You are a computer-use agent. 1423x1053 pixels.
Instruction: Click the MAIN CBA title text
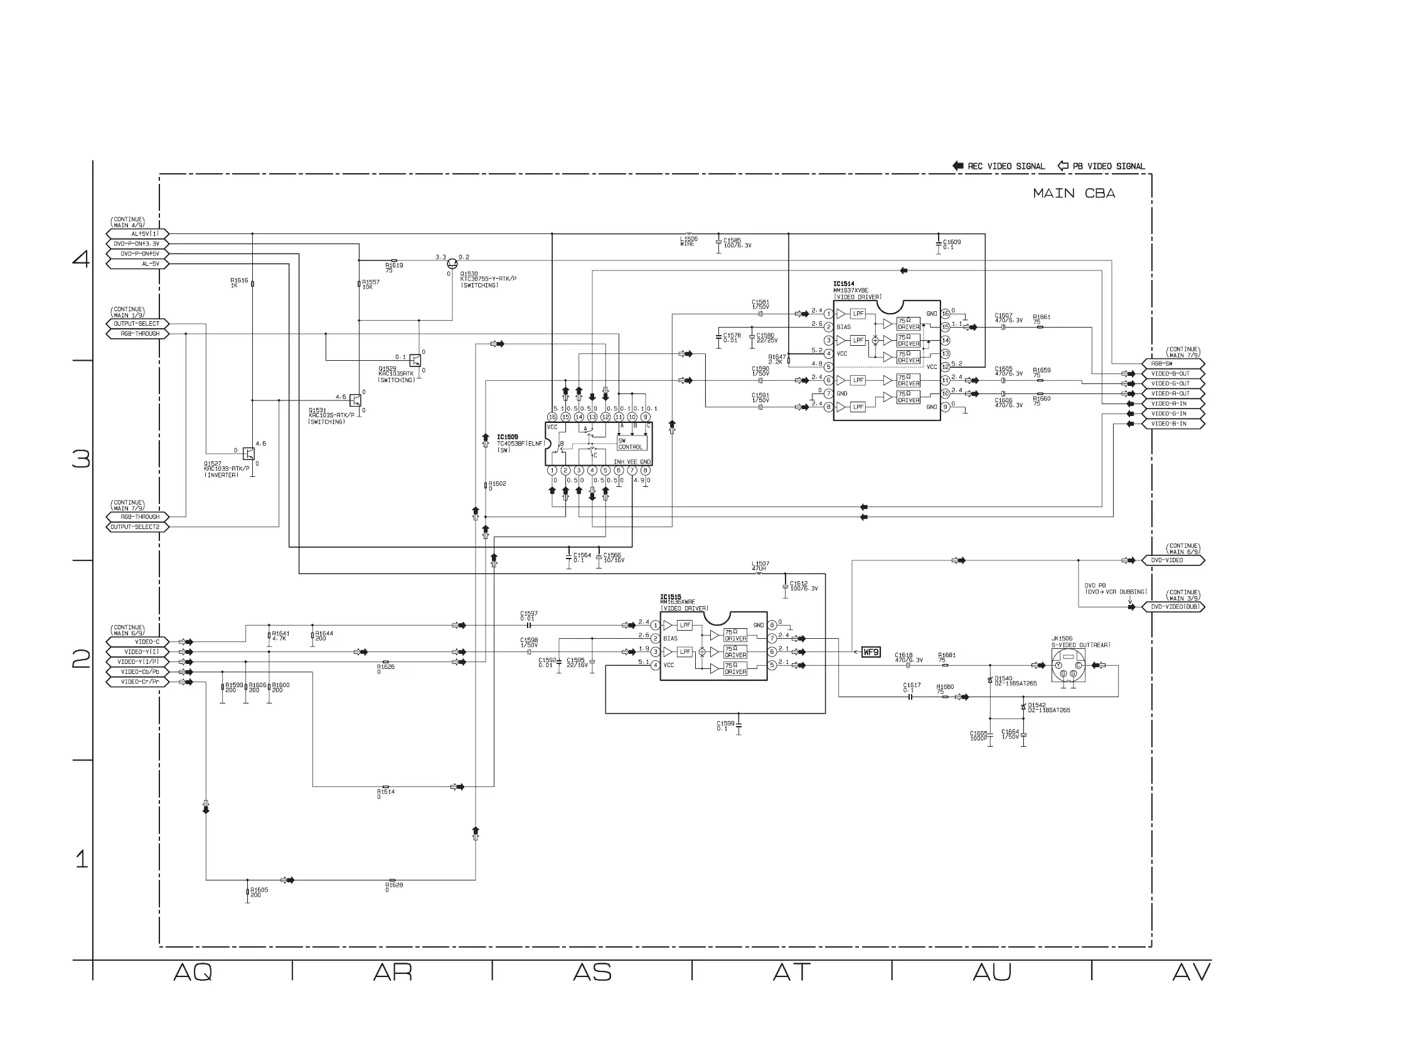click(x=1074, y=193)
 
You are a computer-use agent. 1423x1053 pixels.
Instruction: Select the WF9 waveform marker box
click(x=870, y=652)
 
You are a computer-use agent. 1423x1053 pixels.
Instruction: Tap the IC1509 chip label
click(x=507, y=437)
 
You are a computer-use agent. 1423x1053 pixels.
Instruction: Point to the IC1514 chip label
click(x=843, y=284)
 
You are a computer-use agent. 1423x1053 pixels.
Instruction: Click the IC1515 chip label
click(x=670, y=597)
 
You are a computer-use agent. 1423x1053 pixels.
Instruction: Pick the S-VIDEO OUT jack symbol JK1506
click(x=1068, y=666)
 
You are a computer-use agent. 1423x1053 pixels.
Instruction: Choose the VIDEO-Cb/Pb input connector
click(x=137, y=672)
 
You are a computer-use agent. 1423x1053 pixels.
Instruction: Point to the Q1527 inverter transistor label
click(x=213, y=464)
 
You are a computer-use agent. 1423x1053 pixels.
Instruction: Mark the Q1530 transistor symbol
click(x=452, y=264)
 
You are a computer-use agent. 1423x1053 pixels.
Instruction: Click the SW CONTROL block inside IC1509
click(x=631, y=444)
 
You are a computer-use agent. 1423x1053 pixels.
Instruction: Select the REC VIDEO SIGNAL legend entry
click(x=999, y=166)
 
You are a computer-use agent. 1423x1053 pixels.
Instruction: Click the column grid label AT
click(x=791, y=973)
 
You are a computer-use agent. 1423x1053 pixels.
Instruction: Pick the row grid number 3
click(x=81, y=459)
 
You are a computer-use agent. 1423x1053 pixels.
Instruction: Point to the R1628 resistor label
click(x=394, y=885)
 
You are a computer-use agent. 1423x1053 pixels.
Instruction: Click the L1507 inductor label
click(x=760, y=564)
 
